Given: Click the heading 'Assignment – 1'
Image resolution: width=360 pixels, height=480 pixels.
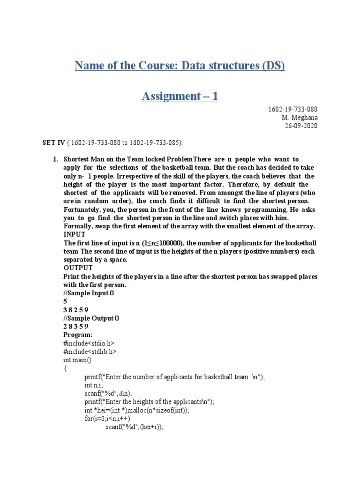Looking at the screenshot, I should [x=180, y=97].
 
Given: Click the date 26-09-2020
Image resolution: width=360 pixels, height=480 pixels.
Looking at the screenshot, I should [x=301, y=126].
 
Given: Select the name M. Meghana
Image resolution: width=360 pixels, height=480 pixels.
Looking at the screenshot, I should [x=300, y=118].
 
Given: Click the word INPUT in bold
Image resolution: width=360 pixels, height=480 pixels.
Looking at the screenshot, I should [x=75, y=234].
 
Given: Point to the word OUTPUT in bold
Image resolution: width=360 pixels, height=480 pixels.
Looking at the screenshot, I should [x=78, y=268].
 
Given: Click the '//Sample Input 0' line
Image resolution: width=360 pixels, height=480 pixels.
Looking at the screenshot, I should [x=89, y=293].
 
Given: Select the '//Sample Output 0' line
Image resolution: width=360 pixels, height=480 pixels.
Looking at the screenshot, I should [x=91, y=318].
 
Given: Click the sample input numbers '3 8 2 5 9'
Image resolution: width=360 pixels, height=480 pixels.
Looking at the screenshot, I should [x=75, y=310].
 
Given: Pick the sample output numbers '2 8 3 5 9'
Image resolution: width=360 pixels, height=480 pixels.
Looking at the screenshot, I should [x=75, y=327].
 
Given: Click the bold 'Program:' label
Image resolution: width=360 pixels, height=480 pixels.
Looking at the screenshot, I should [x=78, y=335].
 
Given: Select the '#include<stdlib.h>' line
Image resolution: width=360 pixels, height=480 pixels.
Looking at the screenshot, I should [x=90, y=352].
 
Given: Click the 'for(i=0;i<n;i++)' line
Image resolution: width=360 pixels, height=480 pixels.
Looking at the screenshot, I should [x=107, y=419].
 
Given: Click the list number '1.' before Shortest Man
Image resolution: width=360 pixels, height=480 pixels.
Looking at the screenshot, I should [x=55, y=160].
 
